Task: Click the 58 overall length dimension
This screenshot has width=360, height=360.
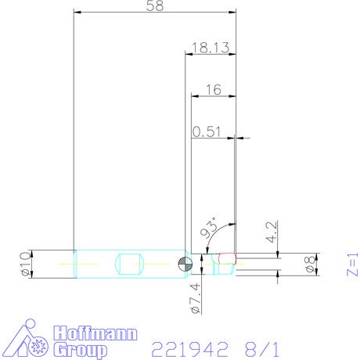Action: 155,5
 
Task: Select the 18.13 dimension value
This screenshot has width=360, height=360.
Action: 211,48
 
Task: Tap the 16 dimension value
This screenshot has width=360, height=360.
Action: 214,90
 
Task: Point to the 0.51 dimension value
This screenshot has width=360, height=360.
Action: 207,131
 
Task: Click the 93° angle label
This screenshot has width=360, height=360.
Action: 209,228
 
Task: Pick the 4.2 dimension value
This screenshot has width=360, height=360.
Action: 272,232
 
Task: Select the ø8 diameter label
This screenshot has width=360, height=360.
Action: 311,265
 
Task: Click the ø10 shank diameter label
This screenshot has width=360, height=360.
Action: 26,264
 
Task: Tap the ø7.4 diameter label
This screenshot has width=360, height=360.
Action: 196,298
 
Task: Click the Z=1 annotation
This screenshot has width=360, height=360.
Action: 353,265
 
